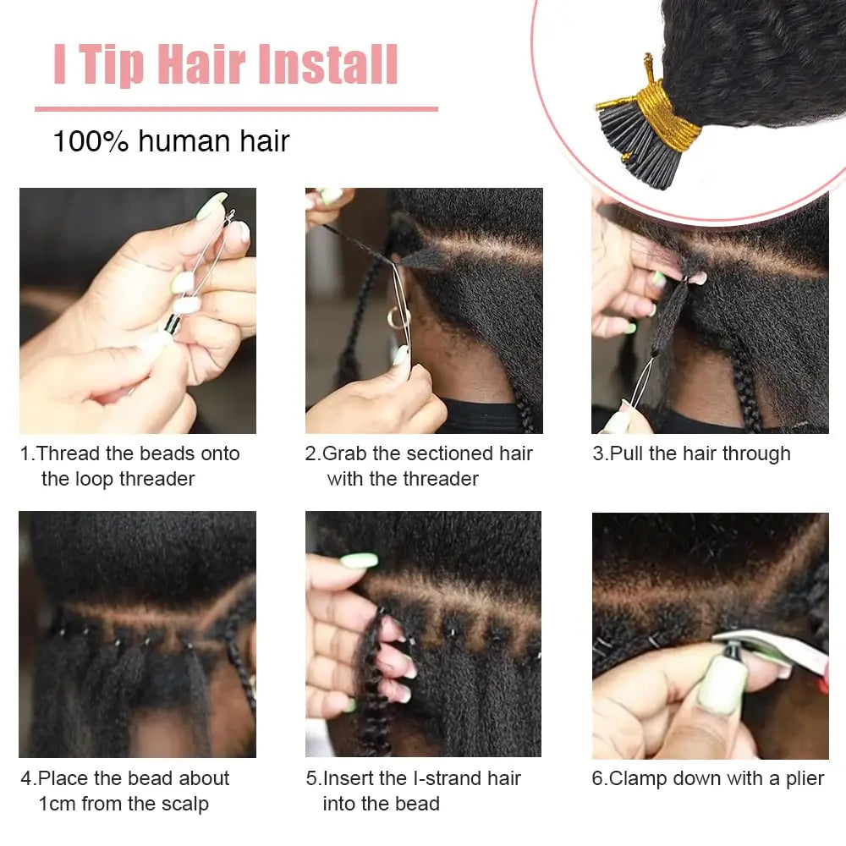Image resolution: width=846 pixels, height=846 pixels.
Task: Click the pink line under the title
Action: point(236,109)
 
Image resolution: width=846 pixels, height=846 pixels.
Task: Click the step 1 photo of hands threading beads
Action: point(137,310)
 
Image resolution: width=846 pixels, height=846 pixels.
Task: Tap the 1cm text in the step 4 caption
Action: point(58,804)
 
